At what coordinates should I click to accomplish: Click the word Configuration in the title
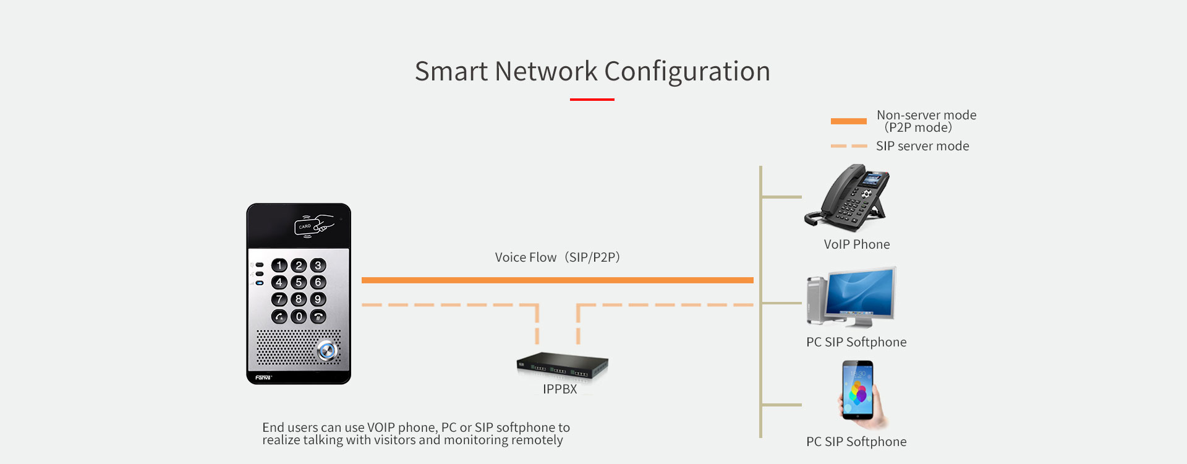(x=687, y=72)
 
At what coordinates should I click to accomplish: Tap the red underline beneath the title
(x=592, y=99)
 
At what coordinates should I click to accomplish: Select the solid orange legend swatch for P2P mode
(x=848, y=121)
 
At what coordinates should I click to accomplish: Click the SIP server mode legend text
(x=922, y=146)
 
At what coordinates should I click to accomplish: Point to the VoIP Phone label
(x=856, y=244)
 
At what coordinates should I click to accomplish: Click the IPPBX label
(x=559, y=389)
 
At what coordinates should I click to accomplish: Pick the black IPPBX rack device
(x=562, y=366)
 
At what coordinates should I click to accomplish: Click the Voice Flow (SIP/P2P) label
(x=557, y=257)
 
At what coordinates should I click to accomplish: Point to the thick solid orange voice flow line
(x=556, y=280)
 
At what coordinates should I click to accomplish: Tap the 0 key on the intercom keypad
(x=299, y=317)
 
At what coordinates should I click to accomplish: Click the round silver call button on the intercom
(x=326, y=351)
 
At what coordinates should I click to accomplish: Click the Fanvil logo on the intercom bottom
(x=263, y=377)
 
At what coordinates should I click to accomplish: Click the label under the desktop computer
(x=856, y=342)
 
